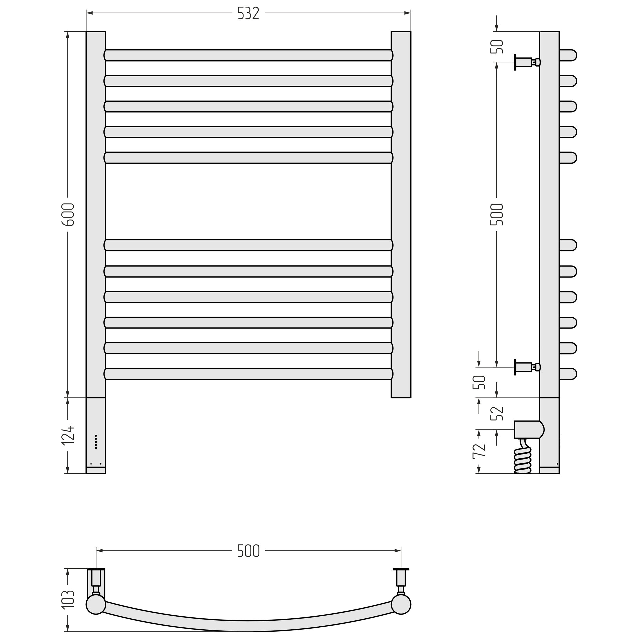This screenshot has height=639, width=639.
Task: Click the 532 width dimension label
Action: pyautogui.click(x=248, y=14)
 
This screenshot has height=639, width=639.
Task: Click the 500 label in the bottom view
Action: pyautogui.click(x=248, y=551)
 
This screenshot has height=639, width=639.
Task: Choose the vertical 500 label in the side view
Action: pyautogui.click(x=497, y=215)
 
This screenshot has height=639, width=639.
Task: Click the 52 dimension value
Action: pyautogui.click(x=497, y=413)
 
